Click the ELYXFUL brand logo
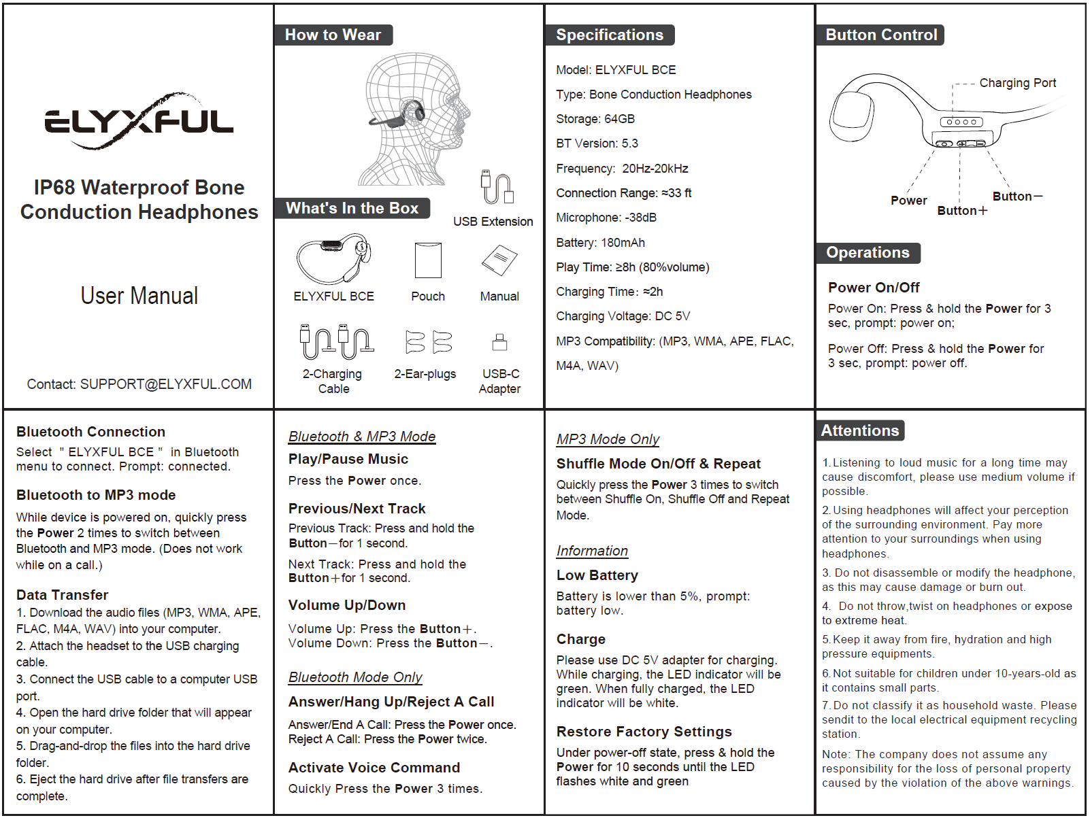pos(139,122)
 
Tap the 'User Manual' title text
pos(139,296)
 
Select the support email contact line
pos(139,384)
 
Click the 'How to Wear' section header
pos(333,35)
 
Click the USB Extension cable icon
pos(497,188)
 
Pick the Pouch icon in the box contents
pos(428,260)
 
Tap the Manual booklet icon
pos(499,260)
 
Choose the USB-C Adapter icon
pos(499,341)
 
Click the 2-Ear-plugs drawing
pos(429,342)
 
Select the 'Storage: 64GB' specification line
pos(595,119)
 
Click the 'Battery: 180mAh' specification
pos(600,243)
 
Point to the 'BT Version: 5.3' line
pos(597,143)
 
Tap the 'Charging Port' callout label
pos(1017,83)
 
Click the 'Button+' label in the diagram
pos(961,211)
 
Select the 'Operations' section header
pos(868,253)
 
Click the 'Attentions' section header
pos(859,430)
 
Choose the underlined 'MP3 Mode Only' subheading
pos(608,439)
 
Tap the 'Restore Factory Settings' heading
pos(644,732)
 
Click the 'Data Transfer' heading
pos(63,595)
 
